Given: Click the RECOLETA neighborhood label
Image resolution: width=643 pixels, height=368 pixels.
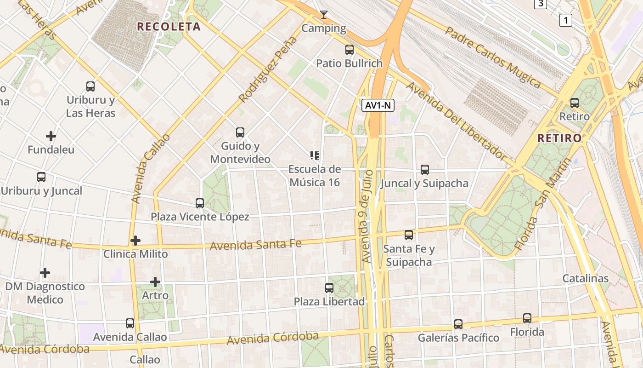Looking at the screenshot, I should click(x=169, y=27).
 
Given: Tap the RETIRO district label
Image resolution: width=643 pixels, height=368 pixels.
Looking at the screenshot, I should click(x=559, y=138).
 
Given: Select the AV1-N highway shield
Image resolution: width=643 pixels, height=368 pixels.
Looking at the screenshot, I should click(x=378, y=105).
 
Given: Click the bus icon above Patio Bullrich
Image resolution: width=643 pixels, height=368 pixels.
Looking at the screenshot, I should click(x=350, y=50).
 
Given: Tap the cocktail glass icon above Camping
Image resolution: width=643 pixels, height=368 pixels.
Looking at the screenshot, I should click(x=324, y=15).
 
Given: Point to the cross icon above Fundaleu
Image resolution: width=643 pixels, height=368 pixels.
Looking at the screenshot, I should click(x=51, y=136).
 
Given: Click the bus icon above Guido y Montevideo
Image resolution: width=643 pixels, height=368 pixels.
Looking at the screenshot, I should click(x=240, y=132).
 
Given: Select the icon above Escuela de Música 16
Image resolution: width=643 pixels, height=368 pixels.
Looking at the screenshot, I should click(x=315, y=155).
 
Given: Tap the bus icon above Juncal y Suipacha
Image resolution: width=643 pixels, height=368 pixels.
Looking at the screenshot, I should click(x=425, y=170).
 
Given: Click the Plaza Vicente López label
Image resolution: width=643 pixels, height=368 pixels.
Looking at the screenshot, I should click(x=200, y=217).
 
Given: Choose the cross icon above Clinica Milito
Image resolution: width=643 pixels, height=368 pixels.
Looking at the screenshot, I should click(x=135, y=240).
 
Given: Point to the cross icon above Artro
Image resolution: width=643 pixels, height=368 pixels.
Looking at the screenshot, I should click(x=155, y=282).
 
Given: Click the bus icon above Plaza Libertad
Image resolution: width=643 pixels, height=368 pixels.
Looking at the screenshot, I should click(x=329, y=288).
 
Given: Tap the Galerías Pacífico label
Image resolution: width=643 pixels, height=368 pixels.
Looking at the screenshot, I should click(x=458, y=338).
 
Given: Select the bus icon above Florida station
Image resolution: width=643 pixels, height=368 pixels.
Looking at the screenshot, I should click(x=527, y=318).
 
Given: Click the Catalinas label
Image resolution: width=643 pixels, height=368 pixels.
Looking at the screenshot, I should click(x=586, y=278).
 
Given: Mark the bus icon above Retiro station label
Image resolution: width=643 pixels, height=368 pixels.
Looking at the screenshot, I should click(x=575, y=103).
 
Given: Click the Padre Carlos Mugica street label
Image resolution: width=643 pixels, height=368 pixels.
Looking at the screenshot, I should click(x=493, y=57).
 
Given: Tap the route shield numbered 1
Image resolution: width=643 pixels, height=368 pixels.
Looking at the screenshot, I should click(x=566, y=20).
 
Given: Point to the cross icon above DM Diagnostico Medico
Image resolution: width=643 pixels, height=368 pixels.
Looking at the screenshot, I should click(x=45, y=273).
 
